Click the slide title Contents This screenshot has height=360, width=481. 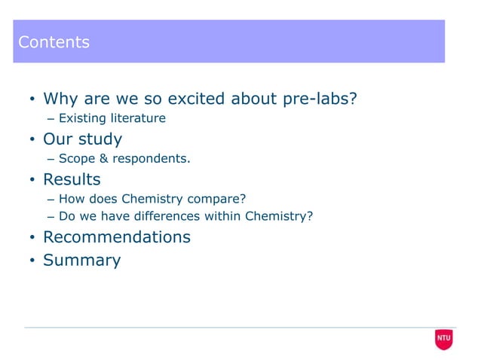point(54,42)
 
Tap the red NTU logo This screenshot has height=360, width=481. point(444,340)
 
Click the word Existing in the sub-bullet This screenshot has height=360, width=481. point(82,119)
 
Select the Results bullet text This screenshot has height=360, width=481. point(72,180)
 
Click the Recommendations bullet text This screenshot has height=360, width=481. point(117,237)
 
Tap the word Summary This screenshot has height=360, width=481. point(81,261)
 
